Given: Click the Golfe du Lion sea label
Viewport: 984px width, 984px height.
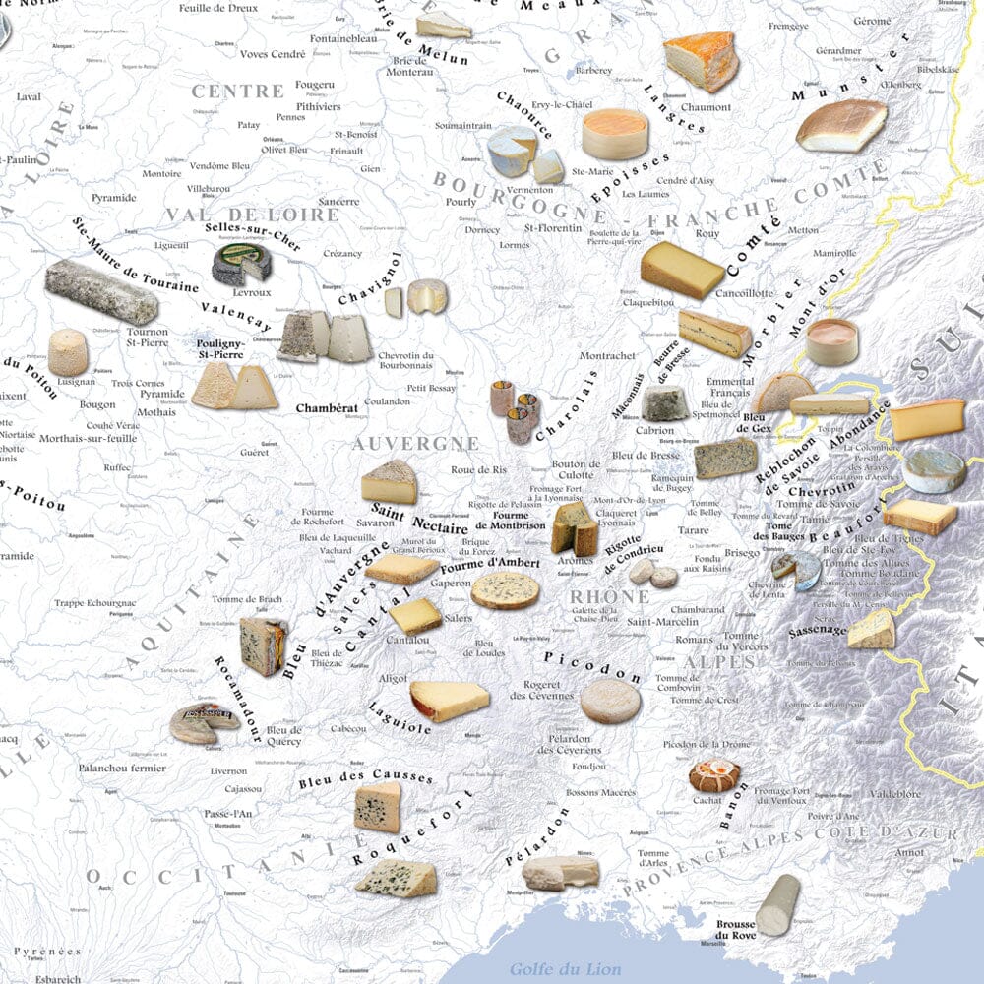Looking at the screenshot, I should click(565, 969).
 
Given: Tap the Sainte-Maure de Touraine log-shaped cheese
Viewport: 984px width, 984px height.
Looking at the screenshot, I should click(100, 292).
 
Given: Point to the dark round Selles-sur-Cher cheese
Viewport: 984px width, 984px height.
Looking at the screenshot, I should click(243, 264).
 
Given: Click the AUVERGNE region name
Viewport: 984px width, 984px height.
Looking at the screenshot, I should click(416, 444).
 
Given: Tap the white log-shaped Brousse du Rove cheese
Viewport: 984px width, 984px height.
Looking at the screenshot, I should click(777, 904).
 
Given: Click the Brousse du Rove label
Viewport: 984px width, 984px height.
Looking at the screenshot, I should click(735, 930).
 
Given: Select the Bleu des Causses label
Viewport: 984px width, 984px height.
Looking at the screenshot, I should click(365, 778).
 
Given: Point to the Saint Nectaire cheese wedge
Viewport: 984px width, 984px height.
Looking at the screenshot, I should click(390, 482).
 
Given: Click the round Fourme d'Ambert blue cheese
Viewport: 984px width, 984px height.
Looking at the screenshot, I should click(505, 590).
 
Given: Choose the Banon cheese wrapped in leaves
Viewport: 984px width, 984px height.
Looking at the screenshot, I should click(713, 775).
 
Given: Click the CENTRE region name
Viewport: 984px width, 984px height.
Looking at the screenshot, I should click(238, 92).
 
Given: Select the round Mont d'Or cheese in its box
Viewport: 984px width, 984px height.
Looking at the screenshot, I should click(831, 340).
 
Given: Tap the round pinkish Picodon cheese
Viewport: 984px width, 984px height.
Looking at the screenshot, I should click(610, 701).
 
